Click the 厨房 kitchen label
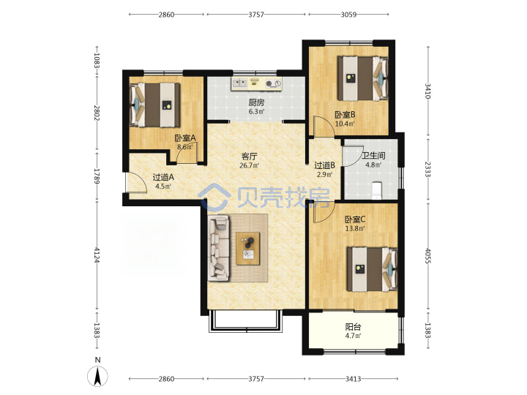256,102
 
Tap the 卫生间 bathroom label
373,156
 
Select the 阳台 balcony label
353,327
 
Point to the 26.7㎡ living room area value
249,165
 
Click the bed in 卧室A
155,105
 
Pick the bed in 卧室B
363,78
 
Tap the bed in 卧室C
372,269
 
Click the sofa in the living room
219,248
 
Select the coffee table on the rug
248,249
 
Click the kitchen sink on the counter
239,82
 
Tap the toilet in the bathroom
377,190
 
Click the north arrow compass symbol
97,376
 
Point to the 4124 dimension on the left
97,255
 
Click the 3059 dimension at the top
348,15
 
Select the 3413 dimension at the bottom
353,379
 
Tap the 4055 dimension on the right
427,256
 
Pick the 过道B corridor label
324,165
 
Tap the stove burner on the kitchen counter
273,83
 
